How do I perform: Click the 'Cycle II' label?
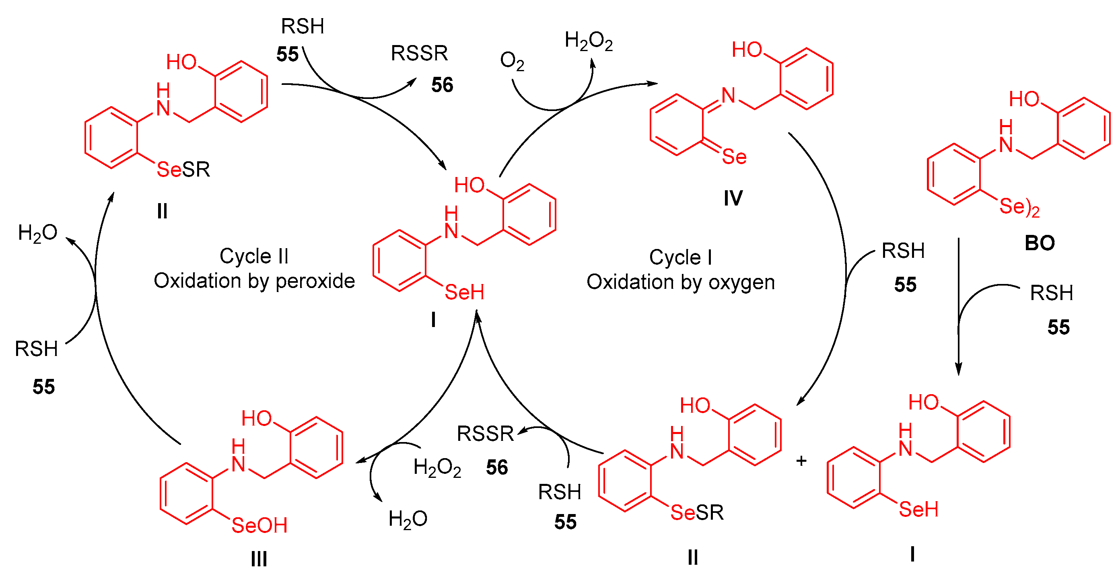tap(254, 256)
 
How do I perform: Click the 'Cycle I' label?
tap(680, 257)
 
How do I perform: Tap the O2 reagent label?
tap(512, 61)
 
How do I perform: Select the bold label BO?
tap(1040, 243)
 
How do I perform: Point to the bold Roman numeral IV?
tap(733, 199)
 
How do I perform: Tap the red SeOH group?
tap(259, 525)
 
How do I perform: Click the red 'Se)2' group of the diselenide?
tap(1019, 207)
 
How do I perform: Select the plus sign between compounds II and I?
tap(801, 461)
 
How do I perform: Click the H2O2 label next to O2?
tap(588, 41)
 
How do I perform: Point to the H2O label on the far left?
tap(37, 233)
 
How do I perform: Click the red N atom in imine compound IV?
tap(728, 96)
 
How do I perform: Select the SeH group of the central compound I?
tap(464, 292)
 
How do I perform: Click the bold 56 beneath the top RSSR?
tap(442, 85)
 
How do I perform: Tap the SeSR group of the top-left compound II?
tap(183, 169)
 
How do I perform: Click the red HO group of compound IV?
tap(747, 50)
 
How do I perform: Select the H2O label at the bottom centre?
tap(408, 519)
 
